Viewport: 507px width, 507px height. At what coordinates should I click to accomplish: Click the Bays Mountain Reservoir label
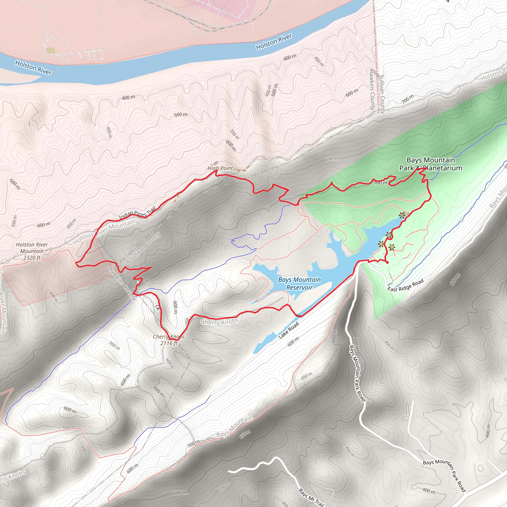tap(300, 283)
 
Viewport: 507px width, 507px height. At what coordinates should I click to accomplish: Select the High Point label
tap(220, 168)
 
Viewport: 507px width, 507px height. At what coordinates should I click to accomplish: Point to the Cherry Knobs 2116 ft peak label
tap(169, 340)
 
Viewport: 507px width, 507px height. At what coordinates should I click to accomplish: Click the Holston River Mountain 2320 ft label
tap(32, 251)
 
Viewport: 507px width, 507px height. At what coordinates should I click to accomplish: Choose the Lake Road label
tap(289, 330)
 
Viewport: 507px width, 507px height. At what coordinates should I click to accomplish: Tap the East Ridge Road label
tap(406, 285)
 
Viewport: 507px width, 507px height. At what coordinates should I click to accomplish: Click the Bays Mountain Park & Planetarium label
tap(431, 164)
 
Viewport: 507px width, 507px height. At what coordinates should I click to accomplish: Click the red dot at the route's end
tap(387, 262)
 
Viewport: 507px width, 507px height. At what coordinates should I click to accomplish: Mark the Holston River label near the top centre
tap(274, 42)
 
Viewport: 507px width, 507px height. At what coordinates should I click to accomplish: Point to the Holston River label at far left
tap(33, 67)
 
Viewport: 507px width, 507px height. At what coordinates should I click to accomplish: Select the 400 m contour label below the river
tap(128, 98)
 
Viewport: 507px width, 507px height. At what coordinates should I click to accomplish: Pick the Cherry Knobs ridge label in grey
tap(220, 322)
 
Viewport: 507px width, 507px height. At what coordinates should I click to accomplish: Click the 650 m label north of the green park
tap(332, 159)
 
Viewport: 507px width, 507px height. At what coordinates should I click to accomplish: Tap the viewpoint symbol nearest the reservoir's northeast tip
tap(402, 215)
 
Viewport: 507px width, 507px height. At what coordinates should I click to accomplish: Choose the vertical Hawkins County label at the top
tap(372, 89)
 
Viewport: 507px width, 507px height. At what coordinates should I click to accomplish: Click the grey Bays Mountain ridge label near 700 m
tap(234, 427)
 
